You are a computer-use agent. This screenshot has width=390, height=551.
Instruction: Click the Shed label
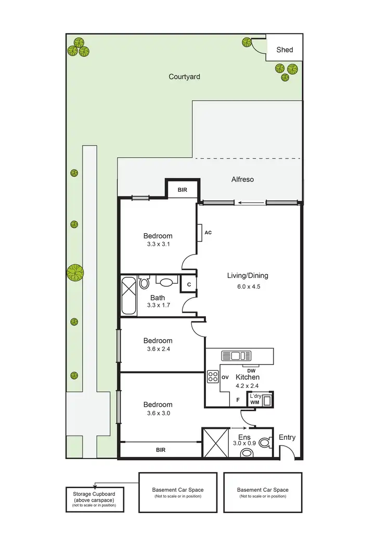coord(284,50)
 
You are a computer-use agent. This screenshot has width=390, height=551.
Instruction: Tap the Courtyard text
coord(184,77)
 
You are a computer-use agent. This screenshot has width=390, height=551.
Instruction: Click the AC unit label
coord(208,233)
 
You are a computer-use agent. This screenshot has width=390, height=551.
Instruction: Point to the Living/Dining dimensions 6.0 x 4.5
coord(248,286)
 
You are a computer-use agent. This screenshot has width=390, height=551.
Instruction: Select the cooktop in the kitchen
coord(213,377)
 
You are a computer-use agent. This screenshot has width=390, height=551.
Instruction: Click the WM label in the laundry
coord(255,402)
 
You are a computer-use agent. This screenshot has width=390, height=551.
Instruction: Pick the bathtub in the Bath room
coord(129,295)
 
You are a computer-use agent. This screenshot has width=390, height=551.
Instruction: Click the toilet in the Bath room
coord(144,283)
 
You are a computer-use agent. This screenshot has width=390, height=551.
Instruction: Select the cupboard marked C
coord(188,284)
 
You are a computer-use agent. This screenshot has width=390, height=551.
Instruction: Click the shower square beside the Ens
coord(215,442)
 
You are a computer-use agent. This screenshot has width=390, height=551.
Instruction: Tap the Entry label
coord(287,437)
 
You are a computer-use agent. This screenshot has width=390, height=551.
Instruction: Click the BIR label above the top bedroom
coord(182,191)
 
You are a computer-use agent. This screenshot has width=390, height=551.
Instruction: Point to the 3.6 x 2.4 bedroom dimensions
coord(158,349)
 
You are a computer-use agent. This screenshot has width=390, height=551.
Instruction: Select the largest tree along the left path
coord(75,272)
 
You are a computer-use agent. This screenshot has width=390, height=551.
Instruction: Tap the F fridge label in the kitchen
coord(238,400)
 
